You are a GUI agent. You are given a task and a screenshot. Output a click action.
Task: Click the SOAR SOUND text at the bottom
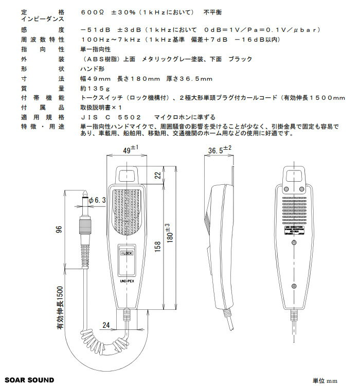click(30, 380)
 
